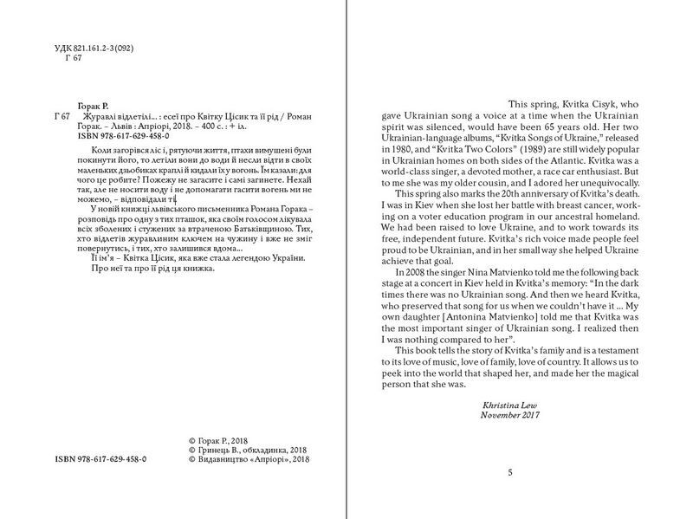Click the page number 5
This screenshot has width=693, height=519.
pyautogui.click(x=510, y=472)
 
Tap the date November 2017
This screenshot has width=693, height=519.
pyautogui.click(x=509, y=415)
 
